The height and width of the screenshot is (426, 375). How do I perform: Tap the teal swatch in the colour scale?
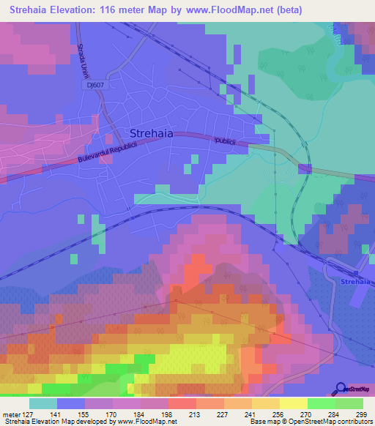coord(43,403)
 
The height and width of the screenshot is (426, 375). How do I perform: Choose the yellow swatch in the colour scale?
coord(294,403)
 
